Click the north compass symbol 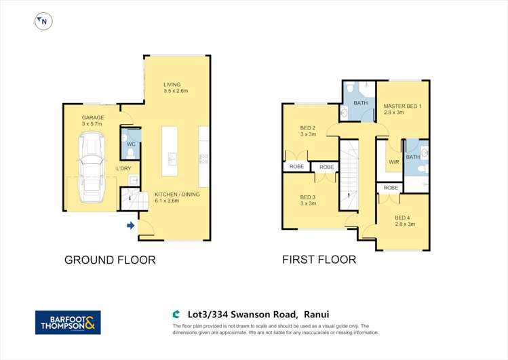tap(43, 22)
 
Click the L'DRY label tap(123, 168)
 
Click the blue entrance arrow tap(130, 225)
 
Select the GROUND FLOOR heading tap(110, 260)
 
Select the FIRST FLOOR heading tap(319, 260)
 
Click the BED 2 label tap(308, 131)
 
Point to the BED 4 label tap(404, 220)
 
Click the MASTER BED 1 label tap(402, 109)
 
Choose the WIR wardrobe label tap(393, 163)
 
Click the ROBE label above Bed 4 tap(391, 188)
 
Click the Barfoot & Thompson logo tap(68, 323)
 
